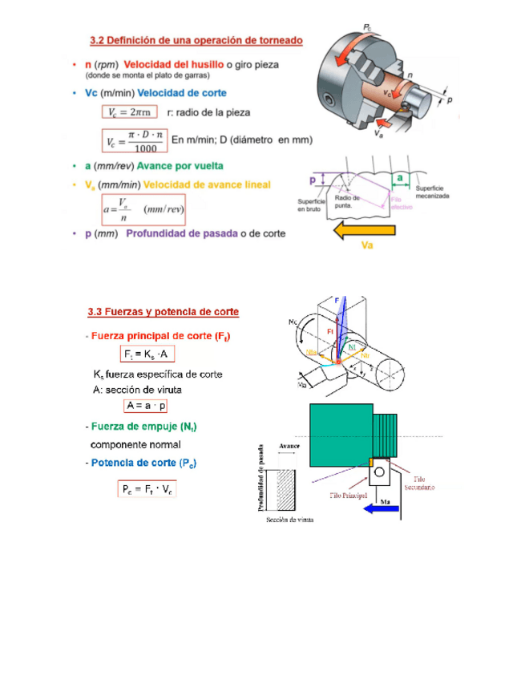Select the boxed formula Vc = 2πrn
pos(129,111)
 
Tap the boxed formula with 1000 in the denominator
pos(135,141)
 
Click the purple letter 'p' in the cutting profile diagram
pos(313,181)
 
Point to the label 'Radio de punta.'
pos(347,200)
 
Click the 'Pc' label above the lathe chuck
pos(367,28)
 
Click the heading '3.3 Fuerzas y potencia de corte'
pos(163,311)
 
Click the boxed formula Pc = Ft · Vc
pos(147,488)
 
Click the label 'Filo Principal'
pos(349,496)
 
